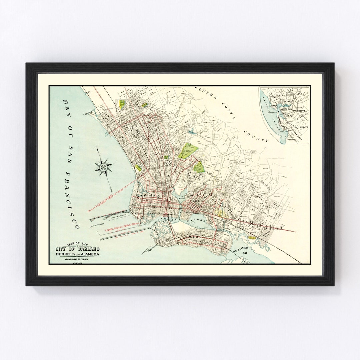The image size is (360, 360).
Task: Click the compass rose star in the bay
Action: pyautogui.click(x=104, y=166)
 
